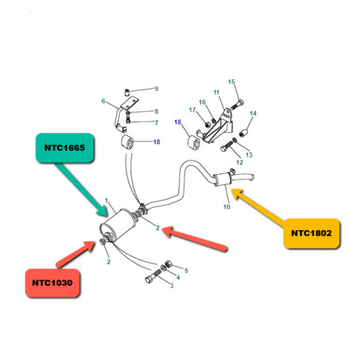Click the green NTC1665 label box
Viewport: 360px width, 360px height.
tap(65, 148)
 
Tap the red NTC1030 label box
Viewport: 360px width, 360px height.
tap(52, 283)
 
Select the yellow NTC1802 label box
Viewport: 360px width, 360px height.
tap(312, 233)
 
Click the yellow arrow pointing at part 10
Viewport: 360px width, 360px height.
tap(258, 207)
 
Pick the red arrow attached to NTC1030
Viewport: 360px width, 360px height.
tap(75, 254)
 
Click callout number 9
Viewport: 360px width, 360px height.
tap(157, 89)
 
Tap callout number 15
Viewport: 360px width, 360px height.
tap(231, 81)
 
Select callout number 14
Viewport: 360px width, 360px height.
tap(253, 113)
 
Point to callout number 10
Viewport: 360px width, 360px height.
tap(227, 207)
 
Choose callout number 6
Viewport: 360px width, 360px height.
tap(103, 101)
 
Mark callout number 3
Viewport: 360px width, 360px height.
tap(172, 286)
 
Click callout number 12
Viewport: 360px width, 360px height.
tap(240, 162)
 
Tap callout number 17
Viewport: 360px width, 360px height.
tap(192, 110)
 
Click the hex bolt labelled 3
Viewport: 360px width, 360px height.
tap(153, 276)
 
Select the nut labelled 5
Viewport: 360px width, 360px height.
tap(169, 263)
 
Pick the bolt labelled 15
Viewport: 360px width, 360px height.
tap(237, 104)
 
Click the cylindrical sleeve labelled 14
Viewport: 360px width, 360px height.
tap(244, 132)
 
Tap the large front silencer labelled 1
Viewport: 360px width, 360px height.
tap(117, 225)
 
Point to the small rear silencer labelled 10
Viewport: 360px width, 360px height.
tap(222, 180)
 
